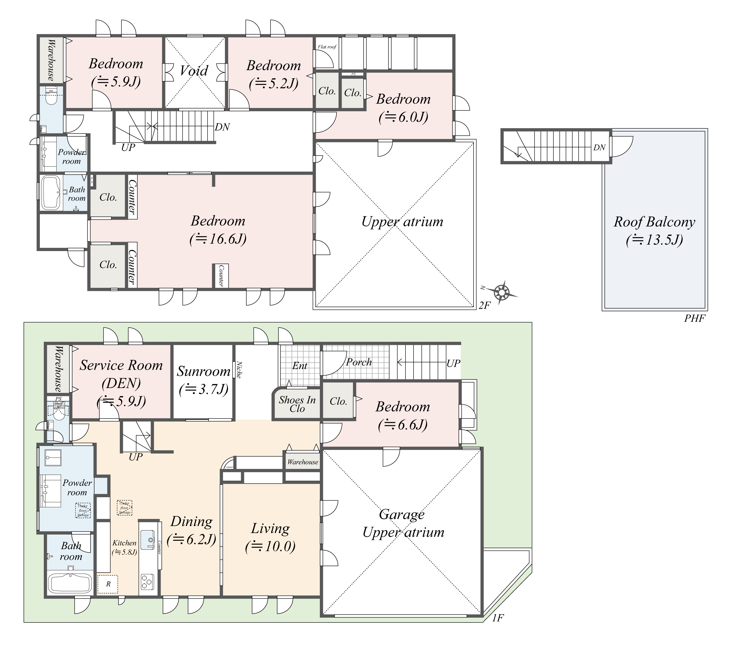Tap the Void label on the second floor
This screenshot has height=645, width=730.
[x=194, y=71]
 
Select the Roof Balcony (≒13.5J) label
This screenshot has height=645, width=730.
[x=654, y=231]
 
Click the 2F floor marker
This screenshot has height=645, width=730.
[x=485, y=305]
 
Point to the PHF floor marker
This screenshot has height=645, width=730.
[x=694, y=318]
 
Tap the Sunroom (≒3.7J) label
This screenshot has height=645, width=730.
[x=204, y=380]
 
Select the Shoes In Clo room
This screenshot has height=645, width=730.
[x=297, y=404]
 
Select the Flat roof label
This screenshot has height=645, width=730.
[x=327, y=47]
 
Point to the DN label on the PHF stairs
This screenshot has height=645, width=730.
[x=599, y=148]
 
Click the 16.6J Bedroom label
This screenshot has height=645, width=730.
[x=218, y=230]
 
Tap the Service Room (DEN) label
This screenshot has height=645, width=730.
[x=121, y=383]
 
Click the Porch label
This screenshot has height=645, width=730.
[x=359, y=362]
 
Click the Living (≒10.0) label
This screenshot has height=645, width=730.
[x=270, y=537]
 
